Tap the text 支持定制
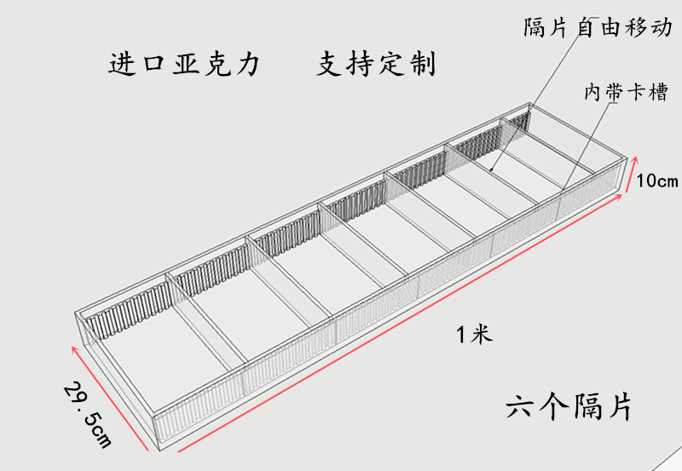click(376, 65)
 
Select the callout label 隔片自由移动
click(597, 27)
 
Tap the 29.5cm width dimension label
click(88, 414)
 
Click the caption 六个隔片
click(569, 406)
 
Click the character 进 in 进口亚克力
click(124, 65)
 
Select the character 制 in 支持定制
click(421, 65)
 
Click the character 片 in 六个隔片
click(618, 406)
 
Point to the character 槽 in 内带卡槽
click(656, 92)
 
